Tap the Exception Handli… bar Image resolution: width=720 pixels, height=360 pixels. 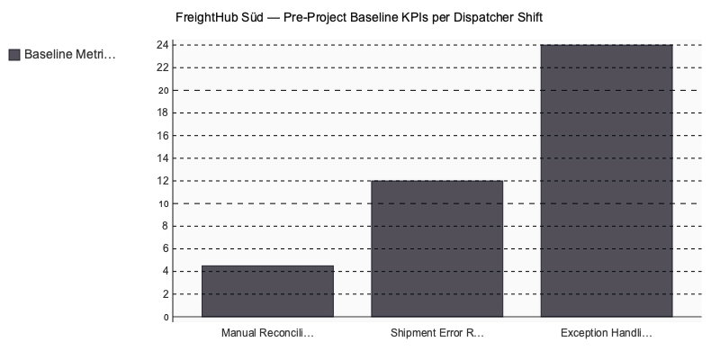coord(606,180)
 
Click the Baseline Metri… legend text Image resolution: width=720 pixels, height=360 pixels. coord(70,55)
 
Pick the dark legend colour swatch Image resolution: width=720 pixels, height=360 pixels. coord(13,55)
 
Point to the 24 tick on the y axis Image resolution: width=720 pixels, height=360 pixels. coord(163,44)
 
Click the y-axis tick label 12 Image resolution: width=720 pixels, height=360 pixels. coord(163,181)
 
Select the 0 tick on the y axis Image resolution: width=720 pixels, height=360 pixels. coord(166,317)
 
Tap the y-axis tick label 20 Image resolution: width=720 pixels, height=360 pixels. coord(163,90)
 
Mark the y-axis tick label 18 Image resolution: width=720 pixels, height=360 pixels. coord(163,112)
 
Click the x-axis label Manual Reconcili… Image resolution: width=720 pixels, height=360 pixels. coord(267,333)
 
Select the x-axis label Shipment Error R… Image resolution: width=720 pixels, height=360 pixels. coord(436,333)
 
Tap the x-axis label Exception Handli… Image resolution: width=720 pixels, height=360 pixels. coord(606,333)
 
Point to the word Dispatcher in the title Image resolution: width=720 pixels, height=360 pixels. coord(481,17)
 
